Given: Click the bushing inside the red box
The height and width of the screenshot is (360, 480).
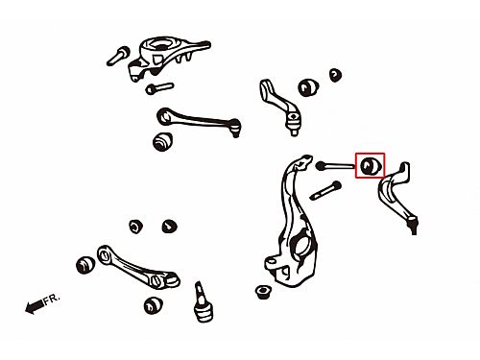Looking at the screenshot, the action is pos(370,165).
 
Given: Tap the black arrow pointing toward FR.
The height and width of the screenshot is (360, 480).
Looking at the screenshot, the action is pos(35,306).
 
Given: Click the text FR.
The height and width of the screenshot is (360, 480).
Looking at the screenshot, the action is pos(52,299).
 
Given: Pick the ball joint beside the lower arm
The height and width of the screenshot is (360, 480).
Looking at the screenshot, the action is pos(203,301).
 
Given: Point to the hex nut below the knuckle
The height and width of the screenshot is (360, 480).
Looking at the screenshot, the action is pos(263,292).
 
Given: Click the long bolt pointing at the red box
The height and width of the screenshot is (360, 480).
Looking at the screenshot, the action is pos(335,166).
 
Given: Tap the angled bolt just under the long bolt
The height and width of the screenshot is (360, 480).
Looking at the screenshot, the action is pos(325,190).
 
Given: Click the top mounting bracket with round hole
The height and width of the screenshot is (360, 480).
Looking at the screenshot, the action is pos(166,58).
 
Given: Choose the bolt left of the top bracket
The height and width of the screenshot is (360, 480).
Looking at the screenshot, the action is pos(118,56).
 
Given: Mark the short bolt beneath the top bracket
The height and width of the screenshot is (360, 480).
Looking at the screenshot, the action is pos(159,87).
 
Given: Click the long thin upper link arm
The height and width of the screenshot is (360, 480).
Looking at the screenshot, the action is pos(199,120).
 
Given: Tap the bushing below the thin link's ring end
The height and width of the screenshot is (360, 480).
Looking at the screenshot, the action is pos(163,141).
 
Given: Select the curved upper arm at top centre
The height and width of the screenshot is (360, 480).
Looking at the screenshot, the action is pos(280,106).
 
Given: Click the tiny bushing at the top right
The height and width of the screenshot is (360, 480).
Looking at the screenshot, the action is pos(335,75).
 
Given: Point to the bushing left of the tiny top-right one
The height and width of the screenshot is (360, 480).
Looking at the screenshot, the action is pos(308,86).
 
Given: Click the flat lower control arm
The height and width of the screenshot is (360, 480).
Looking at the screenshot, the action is pos(138,267).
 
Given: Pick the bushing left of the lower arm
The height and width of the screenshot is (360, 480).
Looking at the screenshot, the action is pos(85,265).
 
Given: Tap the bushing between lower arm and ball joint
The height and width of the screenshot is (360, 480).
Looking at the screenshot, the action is pos(153,305).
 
